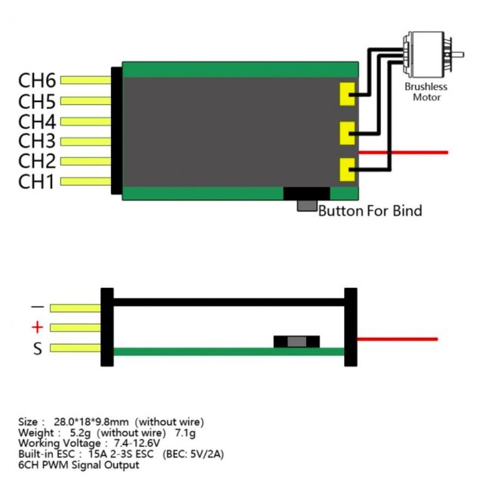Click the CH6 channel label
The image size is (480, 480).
(x=37, y=80)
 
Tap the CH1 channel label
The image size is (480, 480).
(x=37, y=181)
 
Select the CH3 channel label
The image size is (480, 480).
(x=37, y=141)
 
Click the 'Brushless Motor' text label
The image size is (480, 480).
(x=426, y=91)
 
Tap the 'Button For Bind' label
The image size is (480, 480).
(x=370, y=210)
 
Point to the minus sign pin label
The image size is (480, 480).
(x=37, y=307)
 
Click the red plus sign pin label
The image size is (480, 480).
(x=37, y=327)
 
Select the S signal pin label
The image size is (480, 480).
(x=37, y=348)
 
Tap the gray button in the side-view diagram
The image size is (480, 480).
(x=297, y=342)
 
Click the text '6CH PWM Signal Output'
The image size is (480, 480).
(x=79, y=465)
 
